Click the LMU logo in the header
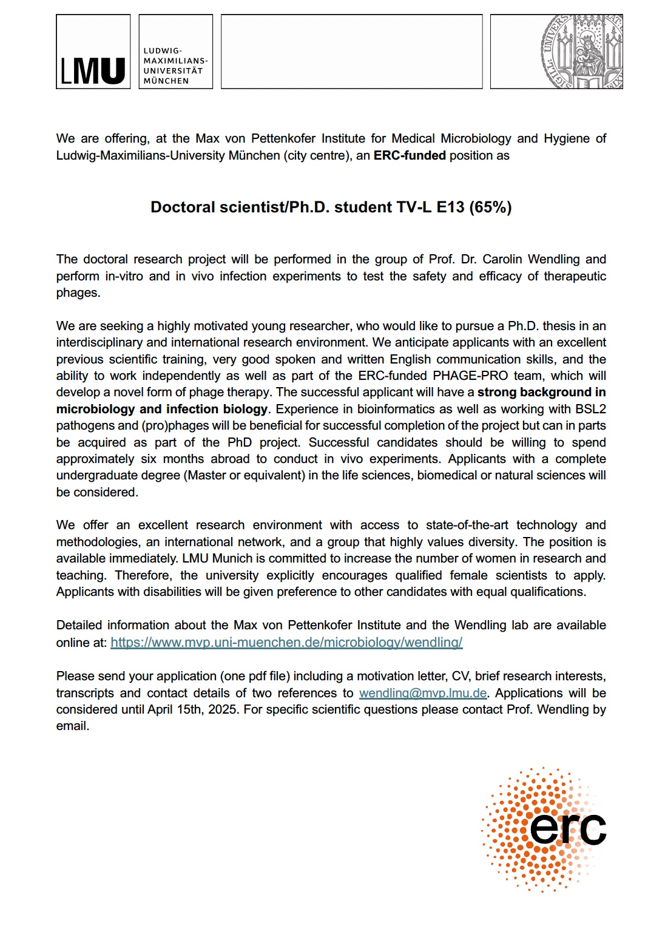tap(93, 52)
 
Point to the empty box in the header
tap(351, 52)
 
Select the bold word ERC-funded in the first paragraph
tap(410, 155)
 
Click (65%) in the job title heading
tap(490, 208)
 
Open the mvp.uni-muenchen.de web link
tap(286, 642)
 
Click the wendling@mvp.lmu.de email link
tap(423, 693)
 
